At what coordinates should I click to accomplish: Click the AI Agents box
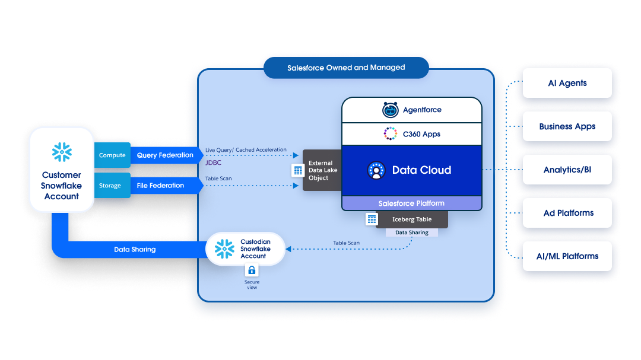point(567,83)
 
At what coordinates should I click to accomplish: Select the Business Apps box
point(567,126)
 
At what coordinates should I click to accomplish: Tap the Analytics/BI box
point(567,170)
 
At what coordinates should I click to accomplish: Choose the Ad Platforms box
point(567,213)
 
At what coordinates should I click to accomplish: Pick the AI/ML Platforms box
point(567,256)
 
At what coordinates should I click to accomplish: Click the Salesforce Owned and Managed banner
point(346,68)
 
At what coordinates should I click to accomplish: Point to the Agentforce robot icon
point(390,110)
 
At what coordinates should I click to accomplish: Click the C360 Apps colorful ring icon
point(390,134)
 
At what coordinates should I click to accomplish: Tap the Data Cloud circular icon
point(376,170)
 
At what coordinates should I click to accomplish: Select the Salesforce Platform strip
point(411,203)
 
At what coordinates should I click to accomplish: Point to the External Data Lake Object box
point(321,170)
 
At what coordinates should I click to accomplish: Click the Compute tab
point(112,155)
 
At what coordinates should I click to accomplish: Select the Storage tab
point(110,186)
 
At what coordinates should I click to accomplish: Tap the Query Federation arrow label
point(165,155)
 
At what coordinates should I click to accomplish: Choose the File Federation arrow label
point(160,186)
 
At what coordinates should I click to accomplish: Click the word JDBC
point(214,161)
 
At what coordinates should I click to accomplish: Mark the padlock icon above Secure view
point(252,270)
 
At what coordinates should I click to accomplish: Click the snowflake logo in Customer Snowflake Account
point(62,152)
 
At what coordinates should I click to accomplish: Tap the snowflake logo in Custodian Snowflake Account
point(224,249)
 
